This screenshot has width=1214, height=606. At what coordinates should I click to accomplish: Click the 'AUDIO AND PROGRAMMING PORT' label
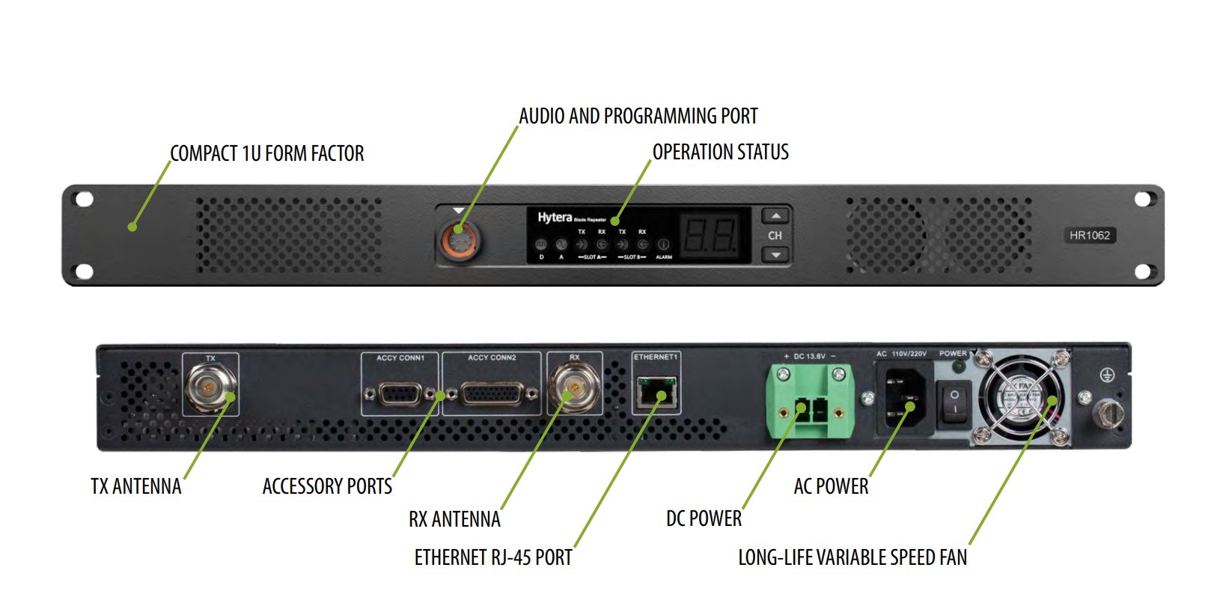tap(638, 116)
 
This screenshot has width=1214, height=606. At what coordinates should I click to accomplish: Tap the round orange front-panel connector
tap(458, 241)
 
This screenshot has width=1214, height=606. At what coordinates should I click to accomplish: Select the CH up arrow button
tap(775, 216)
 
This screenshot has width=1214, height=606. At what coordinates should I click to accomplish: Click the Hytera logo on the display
tap(555, 217)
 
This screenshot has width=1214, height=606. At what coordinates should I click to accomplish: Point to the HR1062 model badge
tap(1089, 235)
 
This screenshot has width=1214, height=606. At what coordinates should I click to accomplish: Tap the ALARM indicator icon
tap(663, 245)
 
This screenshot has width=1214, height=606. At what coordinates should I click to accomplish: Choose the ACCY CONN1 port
tap(400, 393)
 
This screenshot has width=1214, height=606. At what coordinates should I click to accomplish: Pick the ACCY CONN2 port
tap(492, 393)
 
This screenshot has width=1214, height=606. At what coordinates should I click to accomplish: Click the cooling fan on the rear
tap(1023, 400)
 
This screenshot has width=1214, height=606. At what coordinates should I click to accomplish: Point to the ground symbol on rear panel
tap(1107, 375)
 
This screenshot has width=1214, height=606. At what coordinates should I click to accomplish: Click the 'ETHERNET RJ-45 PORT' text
tap(492, 557)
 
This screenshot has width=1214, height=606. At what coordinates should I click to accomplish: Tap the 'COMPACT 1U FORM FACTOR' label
tap(266, 153)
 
